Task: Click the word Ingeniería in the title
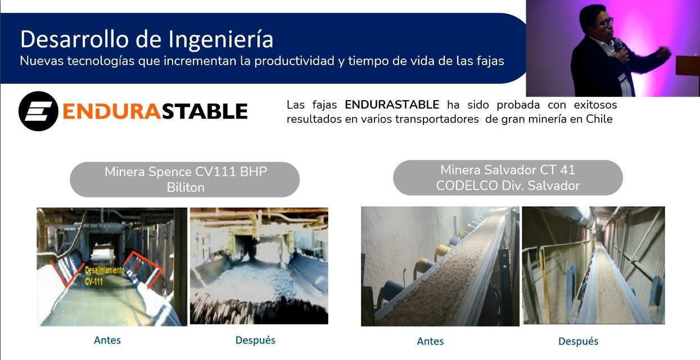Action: pyautogui.click(x=220, y=40)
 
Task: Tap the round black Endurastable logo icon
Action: pyautogui.click(x=38, y=111)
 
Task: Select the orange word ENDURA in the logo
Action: pyautogui.click(x=112, y=111)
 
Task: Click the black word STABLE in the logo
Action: pyautogui.click(x=205, y=111)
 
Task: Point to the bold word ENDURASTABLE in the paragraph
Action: pyautogui.click(x=392, y=105)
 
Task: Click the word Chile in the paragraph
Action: pyautogui.click(x=599, y=119)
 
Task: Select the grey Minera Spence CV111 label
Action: pyautogui.click(x=184, y=179)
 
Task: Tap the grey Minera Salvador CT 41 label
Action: pyautogui.click(x=508, y=178)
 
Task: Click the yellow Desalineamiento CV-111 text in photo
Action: pyautogui.click(x=105, y=276)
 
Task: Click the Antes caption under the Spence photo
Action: pyautogui.click(x=107, y=340)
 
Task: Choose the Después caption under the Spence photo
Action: pyautogui.click(x=255, y=340)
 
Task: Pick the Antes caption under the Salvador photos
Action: pyautogui.click(x=430, y=341)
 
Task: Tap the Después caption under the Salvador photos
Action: pyautogui.click(x=578, y=341)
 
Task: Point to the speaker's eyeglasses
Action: pyautogui.click(x=606, y=22)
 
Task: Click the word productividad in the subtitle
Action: pyautogui.click(x=294, y=61)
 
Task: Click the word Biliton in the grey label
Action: pyautogui.click(x=186, y=188)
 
